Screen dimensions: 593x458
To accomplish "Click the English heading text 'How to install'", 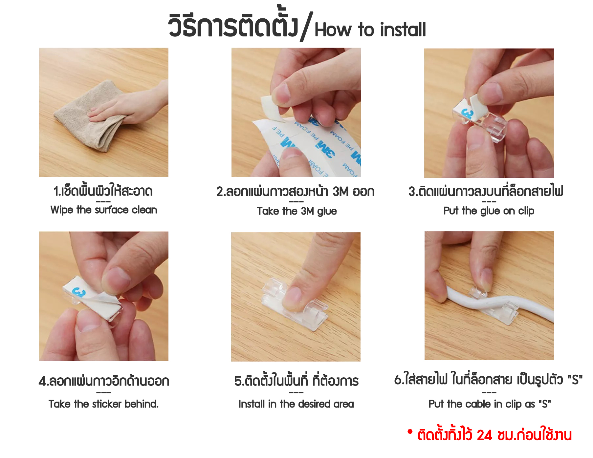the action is coord(370,30).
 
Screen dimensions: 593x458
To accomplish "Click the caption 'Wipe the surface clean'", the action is coord(104,210).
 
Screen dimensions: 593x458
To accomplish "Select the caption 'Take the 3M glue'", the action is coord(297,211).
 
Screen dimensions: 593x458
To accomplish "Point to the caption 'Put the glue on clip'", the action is coord(489,211).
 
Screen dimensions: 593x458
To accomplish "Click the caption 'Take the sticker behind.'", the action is coord(103,404).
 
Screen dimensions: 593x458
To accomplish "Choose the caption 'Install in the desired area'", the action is coord(296,404).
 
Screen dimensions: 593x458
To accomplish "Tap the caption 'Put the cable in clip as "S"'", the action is coord(490,404).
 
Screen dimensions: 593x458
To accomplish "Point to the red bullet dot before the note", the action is coord(410,431).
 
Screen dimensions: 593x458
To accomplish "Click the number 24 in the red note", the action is coord(484,435).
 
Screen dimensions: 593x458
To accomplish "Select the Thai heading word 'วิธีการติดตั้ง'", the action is coord(233,25).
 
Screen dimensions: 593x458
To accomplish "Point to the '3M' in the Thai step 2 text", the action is coord(340,192).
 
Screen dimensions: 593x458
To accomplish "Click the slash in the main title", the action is coord(307,26).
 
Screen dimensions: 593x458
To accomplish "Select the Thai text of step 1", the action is coord(103,191).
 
